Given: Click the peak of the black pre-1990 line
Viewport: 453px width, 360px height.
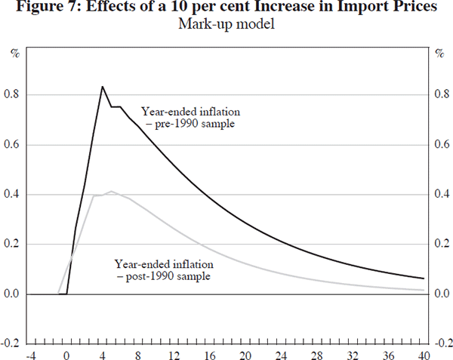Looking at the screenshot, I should click(102, 87).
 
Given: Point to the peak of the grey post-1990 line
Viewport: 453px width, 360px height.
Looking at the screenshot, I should click(111, 192).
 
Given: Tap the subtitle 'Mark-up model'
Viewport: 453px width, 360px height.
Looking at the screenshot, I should click(226, 24).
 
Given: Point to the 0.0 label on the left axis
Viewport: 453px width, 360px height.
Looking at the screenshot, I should click(14, 294).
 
